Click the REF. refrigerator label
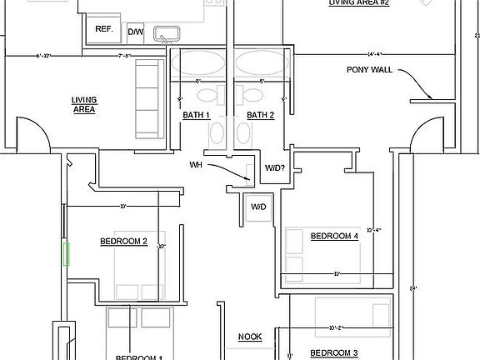104,29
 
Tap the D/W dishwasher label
135,32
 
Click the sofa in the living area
151,102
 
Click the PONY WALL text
369,70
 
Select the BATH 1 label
197,115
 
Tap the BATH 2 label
260,115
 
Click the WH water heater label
196,165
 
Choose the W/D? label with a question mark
277,168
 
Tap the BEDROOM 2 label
123,242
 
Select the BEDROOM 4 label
334,236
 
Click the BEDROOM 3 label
334,353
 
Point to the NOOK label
250,337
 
